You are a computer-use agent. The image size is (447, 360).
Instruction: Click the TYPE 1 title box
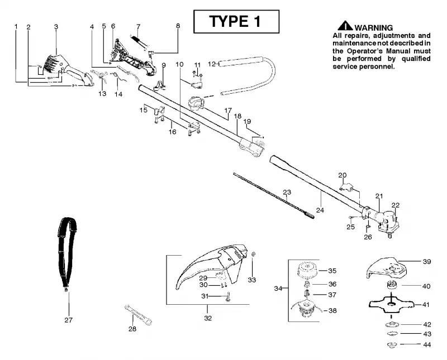coord(236,22)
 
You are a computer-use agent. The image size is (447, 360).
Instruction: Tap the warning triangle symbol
coord(345,26)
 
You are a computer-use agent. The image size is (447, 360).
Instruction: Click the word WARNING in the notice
coord(373,28)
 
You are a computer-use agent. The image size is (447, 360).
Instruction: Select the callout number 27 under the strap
coord(68,320)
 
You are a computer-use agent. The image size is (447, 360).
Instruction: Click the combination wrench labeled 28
coord(138,315)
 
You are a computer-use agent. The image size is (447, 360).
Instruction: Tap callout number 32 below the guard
coord(208,318)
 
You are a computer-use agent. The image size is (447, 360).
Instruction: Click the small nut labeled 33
coord(254,253)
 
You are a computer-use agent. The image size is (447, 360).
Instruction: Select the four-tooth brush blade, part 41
coord(392,304)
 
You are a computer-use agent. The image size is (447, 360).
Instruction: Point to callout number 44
coord(427,344)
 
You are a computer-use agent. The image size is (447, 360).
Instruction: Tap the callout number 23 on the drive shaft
coord(287,192)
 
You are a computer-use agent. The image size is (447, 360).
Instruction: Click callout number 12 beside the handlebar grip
coord(212,64)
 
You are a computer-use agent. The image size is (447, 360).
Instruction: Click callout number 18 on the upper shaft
coord(237,116)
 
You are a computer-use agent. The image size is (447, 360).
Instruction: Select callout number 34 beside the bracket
coord(278,289)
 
